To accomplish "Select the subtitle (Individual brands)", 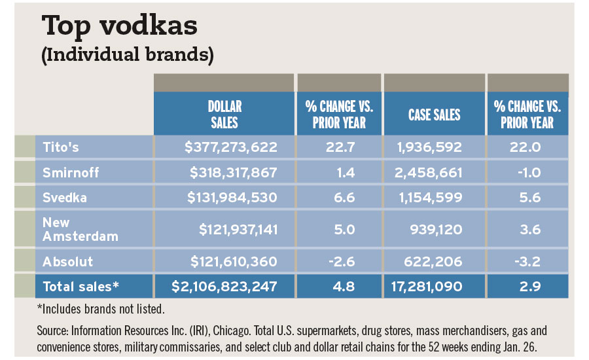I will tap(127, 55).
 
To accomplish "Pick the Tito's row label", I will tap(60, 147).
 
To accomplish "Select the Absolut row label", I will tap(67, 262).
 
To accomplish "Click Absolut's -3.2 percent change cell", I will tap(527, 262).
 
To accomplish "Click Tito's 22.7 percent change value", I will tap(339, 147).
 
